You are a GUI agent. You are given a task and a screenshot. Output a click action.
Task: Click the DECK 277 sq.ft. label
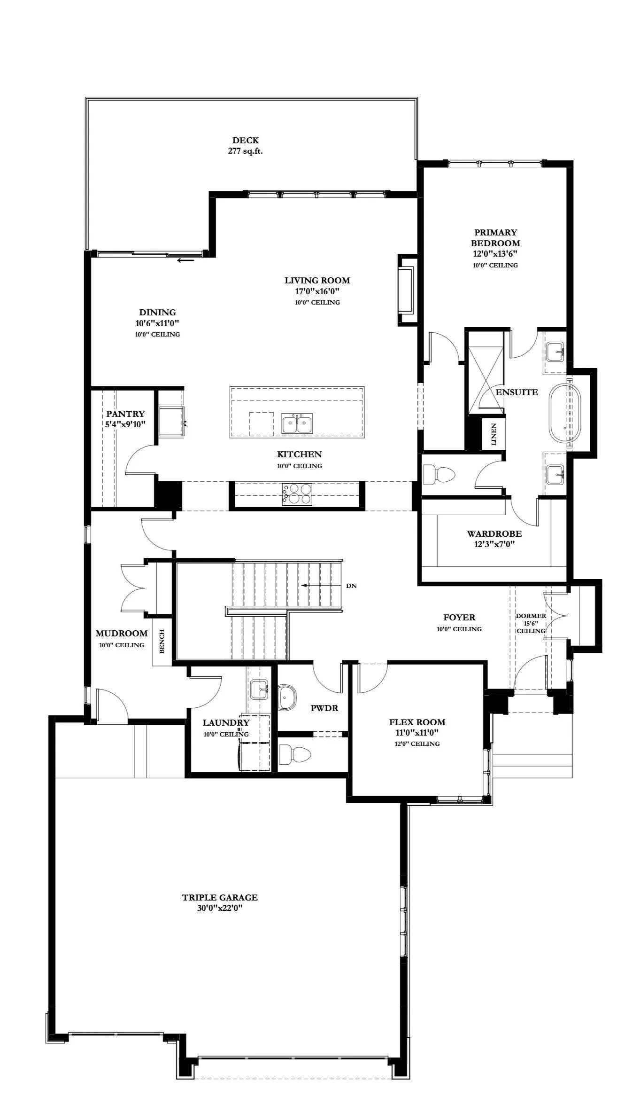(245, 146)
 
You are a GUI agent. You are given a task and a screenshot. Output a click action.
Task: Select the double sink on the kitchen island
(297, 424)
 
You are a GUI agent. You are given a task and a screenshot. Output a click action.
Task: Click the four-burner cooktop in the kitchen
(297, 494)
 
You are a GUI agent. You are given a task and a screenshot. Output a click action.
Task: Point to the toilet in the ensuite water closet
(439, 474)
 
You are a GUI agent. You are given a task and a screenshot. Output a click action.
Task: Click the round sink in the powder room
(287, 697)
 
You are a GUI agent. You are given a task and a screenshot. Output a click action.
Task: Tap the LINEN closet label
(494, 434)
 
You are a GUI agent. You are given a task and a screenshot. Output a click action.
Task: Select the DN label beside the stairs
(351, 586)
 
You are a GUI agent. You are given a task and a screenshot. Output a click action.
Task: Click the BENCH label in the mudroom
(162, 641)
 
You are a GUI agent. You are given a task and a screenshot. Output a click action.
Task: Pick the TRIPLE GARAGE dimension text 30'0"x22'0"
(220, 909)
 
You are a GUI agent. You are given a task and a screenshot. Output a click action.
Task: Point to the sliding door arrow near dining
(185, 260)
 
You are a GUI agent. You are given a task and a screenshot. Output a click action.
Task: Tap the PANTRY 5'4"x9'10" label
(125, 418)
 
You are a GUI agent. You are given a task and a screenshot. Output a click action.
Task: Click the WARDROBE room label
(494, 534)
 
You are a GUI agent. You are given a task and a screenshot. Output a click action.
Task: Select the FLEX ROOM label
(417, 722)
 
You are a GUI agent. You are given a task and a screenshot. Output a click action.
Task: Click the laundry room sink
(259, 689)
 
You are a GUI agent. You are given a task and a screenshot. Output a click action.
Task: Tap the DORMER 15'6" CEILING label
(531, 623)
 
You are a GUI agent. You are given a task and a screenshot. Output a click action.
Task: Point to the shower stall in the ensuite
(485, 373)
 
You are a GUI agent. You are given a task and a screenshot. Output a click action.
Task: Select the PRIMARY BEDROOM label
(495, 238)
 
